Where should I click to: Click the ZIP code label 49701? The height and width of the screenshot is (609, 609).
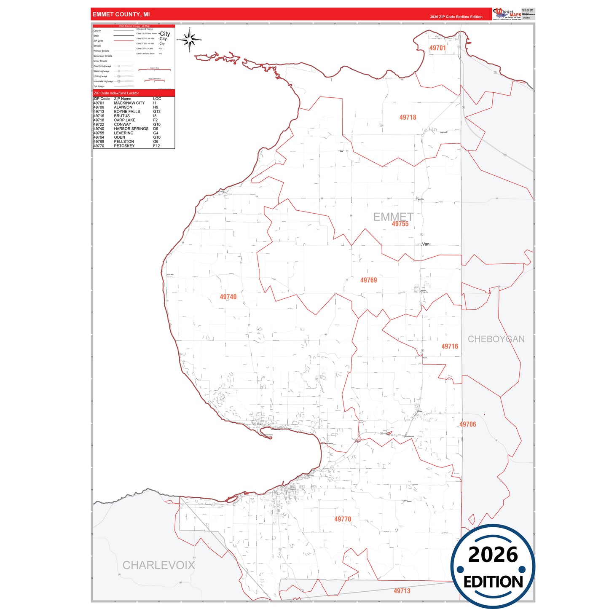coord(437,48)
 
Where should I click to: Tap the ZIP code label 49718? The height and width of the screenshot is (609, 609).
coord(408,118)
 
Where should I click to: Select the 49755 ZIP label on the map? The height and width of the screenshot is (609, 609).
coord(400,224)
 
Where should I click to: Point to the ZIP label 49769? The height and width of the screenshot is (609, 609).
coord(368,280)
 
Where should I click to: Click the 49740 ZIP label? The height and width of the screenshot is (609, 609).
coord(228,297)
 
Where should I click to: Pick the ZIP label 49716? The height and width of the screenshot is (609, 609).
coord(449,346)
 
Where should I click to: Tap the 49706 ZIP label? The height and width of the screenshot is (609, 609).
coord(467,424)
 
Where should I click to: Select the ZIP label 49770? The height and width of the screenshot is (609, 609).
coord(343,519)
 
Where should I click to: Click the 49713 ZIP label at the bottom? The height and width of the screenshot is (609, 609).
coord(402,591)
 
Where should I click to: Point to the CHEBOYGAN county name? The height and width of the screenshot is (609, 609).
coord(496,339)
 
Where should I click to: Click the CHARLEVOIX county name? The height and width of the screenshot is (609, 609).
coord(159,565)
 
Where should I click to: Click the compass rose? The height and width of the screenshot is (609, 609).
coord(190,40)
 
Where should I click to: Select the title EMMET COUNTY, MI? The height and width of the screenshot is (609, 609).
coord(121,14)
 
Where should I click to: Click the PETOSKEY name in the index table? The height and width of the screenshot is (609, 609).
coord(124,146)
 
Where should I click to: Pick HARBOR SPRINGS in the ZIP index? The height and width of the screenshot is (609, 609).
coord(131,129)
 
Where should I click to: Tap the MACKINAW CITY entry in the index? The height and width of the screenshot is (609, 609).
coord(129,103)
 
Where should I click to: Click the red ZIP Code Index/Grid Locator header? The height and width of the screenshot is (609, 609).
coord(116,93)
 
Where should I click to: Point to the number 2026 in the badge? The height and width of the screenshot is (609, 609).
coord(493,555)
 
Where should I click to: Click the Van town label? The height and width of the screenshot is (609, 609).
coord(426,244)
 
